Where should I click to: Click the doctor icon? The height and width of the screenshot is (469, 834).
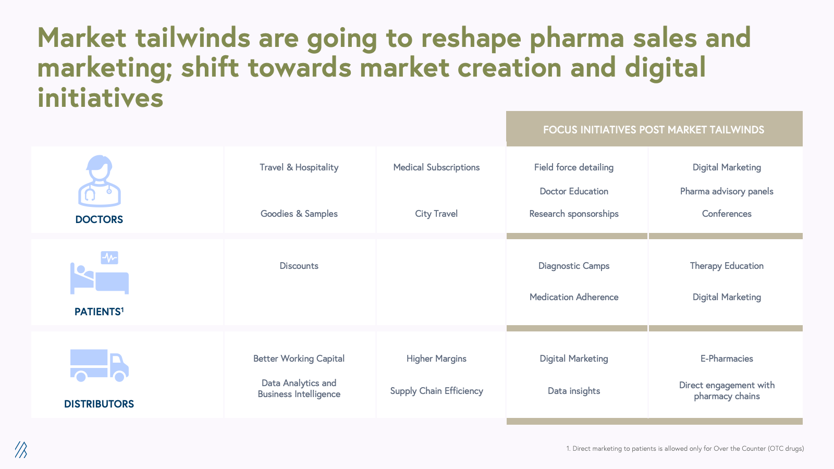pyautogui.click(x=100, y=181)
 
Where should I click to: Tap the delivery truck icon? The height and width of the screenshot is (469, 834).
pyautogui.click(x=100, y=365)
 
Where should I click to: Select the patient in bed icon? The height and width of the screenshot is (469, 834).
pyautogui.click(x=100, y=273)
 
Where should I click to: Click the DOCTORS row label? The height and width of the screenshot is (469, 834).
pyautogui.click(x=99, y=219)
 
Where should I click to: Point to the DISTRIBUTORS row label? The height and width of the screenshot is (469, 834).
pyautogui.click(x=99, y=404)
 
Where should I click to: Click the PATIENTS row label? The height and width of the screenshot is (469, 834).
pyautogui.click(x=99, y=311)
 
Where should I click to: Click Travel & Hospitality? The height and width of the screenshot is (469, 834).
pyautogui.click(x=299, y=167)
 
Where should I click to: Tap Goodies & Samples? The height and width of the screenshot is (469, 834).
pyautogui.click(x=299, y=214)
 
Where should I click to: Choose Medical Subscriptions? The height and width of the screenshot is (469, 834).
pyautogui.click(x=436, y=167)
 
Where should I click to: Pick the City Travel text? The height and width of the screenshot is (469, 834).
pyautogui.click(x=436, y=214)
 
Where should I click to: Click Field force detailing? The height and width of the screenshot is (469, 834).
pyautogui.click(x=574, y=167)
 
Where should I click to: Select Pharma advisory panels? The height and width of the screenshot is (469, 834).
pyautogui.click(x=727, y=191)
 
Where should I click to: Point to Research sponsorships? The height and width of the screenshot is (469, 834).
pyautogui.click(x=574, y=214)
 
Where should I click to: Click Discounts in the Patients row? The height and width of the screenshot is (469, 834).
pyautogui.click(x=299, y=266)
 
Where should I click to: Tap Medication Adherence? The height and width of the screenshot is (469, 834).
pyautogui.click(x=574, y=297)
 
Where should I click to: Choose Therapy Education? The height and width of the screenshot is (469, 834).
pyautogui.click(x=727, y=266)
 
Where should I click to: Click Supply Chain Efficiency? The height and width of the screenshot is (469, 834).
pyautogui.click(x=436, y=391)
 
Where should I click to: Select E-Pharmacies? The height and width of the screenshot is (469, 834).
pyautogui.click(x=727, y=359)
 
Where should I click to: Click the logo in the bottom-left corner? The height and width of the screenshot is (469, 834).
pyautogui.click(x=21, y=450)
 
